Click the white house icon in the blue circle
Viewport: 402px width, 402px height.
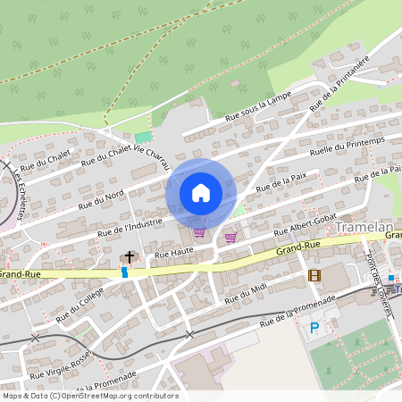(x=201, y=192)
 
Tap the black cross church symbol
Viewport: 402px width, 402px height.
(x=129, y=257)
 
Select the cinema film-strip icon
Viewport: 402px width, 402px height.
(x=314, y=275)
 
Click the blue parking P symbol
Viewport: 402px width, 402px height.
(x=314, y=328)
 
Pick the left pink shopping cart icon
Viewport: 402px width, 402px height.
(x=198, y=232)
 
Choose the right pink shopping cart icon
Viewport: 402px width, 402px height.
(x=231, y=237)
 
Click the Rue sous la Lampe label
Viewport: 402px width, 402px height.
(x=258, y=106)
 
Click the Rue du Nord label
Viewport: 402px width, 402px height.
(x=101, y=197)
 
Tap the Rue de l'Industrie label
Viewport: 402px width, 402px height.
(x=133, y=227)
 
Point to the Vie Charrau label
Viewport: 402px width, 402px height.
(x=151, y=158)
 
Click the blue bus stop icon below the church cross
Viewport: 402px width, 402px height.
(x=124, y=272)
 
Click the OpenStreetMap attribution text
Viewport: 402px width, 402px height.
(x=89, y=396)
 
